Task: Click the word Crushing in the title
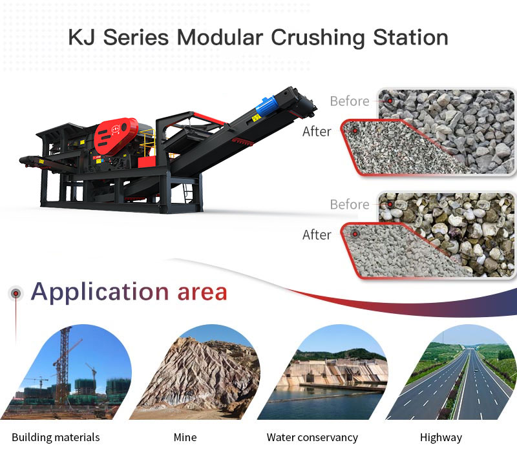317,38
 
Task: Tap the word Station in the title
410,37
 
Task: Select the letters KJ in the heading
82,37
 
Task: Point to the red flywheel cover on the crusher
116,134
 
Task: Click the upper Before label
350,101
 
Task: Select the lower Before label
350,204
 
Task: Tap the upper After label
317,132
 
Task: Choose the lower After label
317,235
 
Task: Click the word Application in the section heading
100,293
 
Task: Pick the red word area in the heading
202,293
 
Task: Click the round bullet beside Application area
16,293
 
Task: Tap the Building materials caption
56,437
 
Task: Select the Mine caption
185,437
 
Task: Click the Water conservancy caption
312,437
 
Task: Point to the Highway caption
441,438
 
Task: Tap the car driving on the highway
475,371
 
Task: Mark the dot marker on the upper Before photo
390,101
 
